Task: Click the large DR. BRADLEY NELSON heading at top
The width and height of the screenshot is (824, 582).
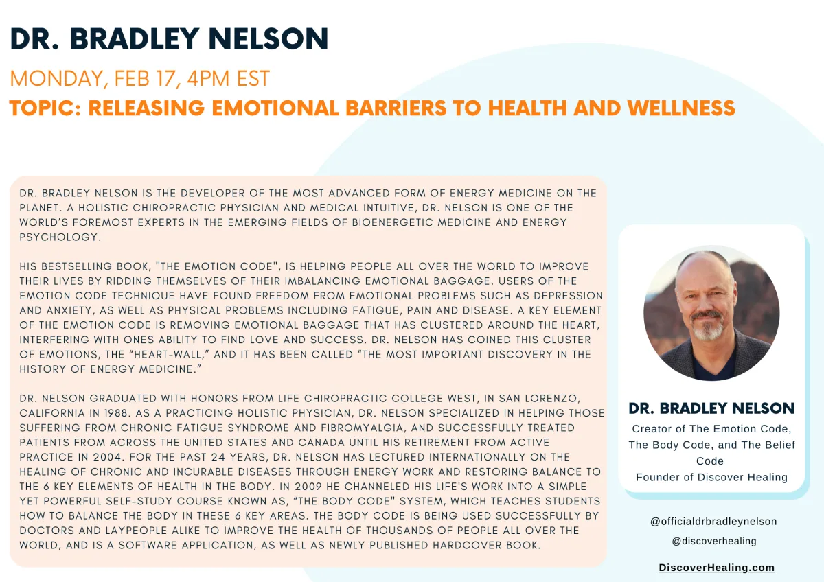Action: pyautogui.click(x=169, y=38)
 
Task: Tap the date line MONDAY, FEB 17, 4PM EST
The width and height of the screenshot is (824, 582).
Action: pyautogui.click(x=140, y=78)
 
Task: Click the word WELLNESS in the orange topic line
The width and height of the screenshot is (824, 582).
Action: pyautogui.click(x=681, y=108)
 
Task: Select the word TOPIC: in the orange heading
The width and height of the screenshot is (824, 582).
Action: pyautogui.click(x=45, y=108)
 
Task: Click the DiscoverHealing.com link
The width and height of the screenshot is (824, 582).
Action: pyautogui.click(x=717, y=568)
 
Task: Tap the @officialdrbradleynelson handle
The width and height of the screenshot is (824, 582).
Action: pyautogui.click(x=713, y=522)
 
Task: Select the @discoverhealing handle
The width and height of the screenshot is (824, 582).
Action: pyautogui.click(x=714, y=542)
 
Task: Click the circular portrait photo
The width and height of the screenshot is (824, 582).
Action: pyautogui.click(x=711, y=313)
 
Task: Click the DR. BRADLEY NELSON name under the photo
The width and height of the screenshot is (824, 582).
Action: pyautogui.click(x=711, y=408)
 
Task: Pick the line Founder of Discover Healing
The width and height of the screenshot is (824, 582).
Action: pyautogui.click(x=711, y=477)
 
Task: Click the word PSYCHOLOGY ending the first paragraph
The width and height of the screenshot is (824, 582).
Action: pyautogui.click(x=60, y=237)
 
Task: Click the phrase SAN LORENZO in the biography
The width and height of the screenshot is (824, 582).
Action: pyautogui.click(x=539, y=399)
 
